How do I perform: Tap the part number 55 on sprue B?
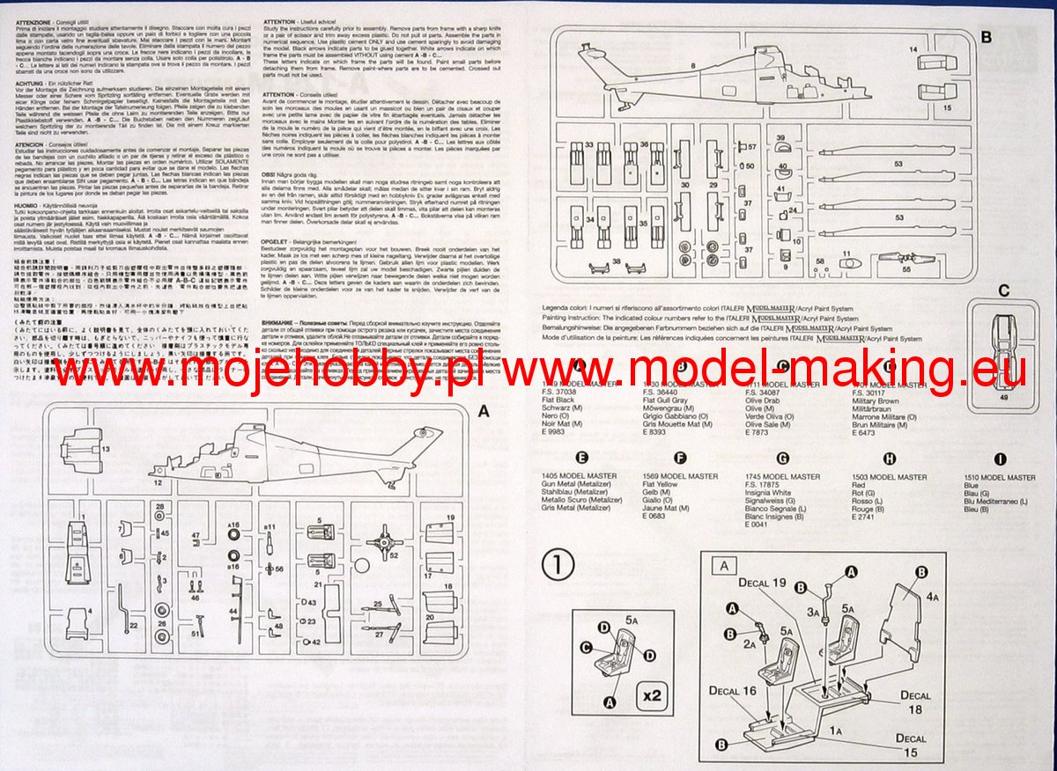click(x=906, y=270)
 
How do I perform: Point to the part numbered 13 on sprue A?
click(x=106, y=449)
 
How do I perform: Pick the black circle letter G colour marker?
click(x=782, y=458)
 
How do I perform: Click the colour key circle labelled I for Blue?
click(x=1000, y=458)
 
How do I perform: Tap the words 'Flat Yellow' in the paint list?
click(x=661, y=484)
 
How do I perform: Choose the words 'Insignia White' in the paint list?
click(x=768, y=493)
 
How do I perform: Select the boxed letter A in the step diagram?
click(x=724, y=566)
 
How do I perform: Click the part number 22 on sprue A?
click(x=133, y=624)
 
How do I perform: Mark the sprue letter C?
click(x=1003, y=290)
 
